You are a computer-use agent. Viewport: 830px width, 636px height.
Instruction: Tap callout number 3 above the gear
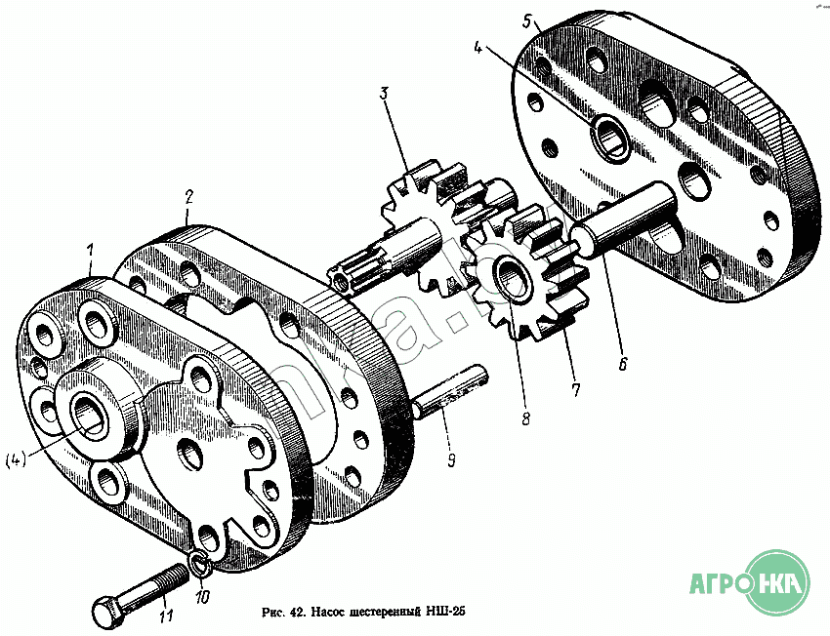pos(385,94)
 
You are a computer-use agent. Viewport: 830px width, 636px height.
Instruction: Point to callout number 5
pos(526,20)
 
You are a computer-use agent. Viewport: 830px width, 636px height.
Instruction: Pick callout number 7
pos(575,390)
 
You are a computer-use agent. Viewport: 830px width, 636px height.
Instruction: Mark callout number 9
pos(450,457)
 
